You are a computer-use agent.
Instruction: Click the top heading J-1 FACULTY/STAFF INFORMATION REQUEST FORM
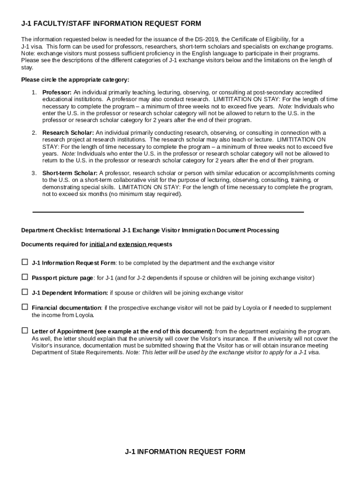tap(111, 24)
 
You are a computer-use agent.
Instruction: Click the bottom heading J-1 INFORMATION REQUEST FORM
tap(185, 452)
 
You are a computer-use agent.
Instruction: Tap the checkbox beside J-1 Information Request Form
tap(25, 262)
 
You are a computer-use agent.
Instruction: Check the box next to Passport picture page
tap(25, 277)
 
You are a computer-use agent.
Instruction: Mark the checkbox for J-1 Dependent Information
tap(25, 292)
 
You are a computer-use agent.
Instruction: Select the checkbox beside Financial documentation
tap(25, 307)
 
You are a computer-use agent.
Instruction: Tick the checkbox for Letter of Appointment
tap(25, 331)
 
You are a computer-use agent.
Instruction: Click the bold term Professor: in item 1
tap(57, 93)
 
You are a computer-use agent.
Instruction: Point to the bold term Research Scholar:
tap(68, 133)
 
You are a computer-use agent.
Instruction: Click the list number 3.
tap(34, 173)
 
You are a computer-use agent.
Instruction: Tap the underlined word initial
tap(97, 244)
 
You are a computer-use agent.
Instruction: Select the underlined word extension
tap(132, 244)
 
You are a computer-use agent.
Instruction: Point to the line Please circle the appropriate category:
tap(75, 80)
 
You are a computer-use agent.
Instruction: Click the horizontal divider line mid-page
tap(168, 212)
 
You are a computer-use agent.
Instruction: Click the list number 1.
tap(34, 93)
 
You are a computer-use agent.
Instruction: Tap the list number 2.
tap(34, 133)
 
